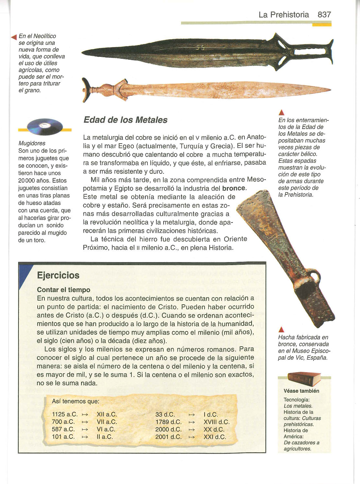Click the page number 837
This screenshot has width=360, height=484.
pos(324,15)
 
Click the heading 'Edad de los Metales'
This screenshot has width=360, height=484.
pos(125,120)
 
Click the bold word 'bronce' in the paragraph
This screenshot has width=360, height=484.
pos(234,188)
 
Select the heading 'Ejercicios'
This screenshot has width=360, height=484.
pos(58,275)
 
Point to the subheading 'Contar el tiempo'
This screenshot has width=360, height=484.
pos(64,290)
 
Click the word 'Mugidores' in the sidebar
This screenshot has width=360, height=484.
pos(32,143)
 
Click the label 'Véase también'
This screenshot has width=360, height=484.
pos(301,391)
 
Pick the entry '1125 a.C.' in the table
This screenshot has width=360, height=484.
pos(65,414)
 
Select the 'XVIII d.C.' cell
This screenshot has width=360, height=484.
pos(216,422)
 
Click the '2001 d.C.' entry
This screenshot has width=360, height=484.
pos(168,437)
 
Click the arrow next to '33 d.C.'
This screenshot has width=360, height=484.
pos(192,415)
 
